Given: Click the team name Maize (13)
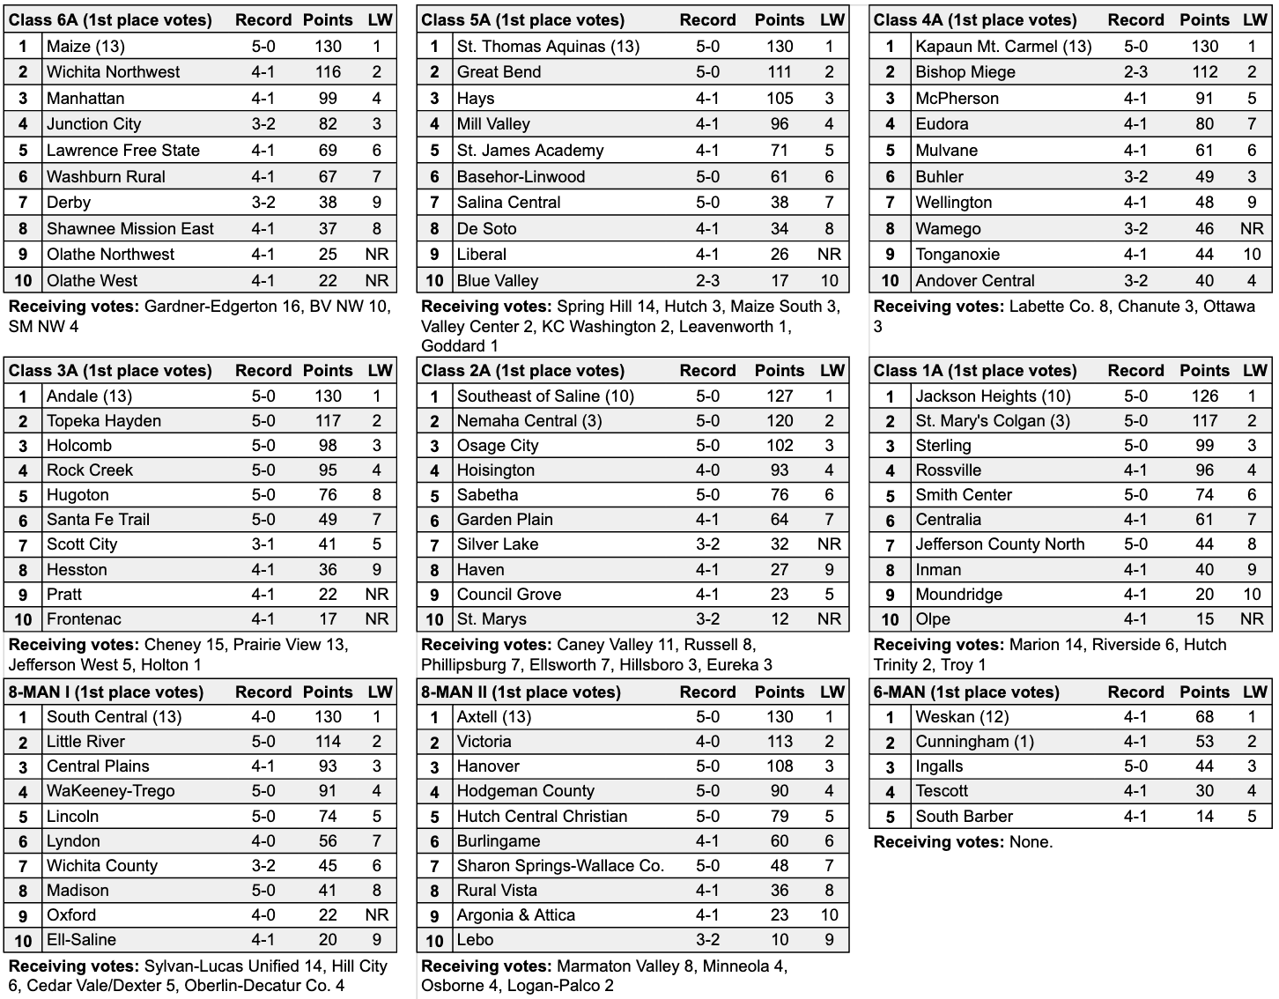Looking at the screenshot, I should [85, 46].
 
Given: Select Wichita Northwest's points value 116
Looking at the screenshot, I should [328, 72].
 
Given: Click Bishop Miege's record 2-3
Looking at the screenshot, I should [1135, 72].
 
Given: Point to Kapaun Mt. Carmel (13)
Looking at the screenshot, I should [1003, 46].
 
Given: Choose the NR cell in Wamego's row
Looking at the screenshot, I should [1252, 228].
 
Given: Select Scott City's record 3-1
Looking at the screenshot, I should [262, 544].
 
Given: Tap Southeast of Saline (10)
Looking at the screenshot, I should [545, 396].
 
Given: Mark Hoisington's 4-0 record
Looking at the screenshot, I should [707, 470].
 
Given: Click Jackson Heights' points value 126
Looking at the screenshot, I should [1204, 396].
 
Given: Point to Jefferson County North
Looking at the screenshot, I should [1000, 544].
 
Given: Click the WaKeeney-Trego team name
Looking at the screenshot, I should [110, 791].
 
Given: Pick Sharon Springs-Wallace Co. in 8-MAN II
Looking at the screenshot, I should [560, 866].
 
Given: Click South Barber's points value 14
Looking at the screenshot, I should [1204, 817].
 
